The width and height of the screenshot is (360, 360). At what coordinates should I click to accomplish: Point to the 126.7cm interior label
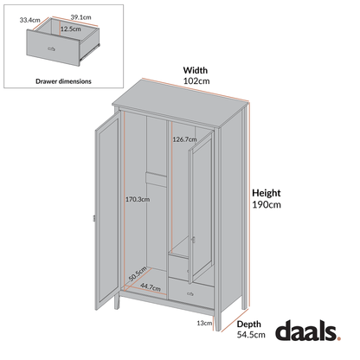pos(185,138)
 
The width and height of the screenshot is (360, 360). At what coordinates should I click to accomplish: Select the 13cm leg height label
pos(205,324)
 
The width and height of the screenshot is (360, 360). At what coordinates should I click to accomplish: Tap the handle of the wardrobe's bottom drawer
pos(190,295)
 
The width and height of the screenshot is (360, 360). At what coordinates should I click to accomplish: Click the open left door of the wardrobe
pos(105,208)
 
